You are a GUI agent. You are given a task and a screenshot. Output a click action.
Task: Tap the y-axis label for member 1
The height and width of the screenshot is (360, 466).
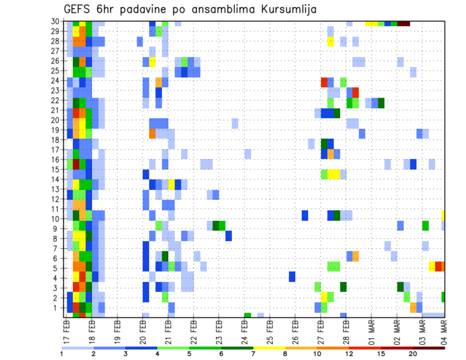point(57,308)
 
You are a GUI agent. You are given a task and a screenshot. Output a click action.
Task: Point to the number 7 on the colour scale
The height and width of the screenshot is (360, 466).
point(253,353)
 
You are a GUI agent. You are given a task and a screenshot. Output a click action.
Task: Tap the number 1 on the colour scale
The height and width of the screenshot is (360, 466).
point(62,353)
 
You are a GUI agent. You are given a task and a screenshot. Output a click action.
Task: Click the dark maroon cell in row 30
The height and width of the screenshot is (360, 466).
point(404,23)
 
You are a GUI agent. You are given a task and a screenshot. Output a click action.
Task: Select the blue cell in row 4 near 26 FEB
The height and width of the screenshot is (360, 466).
point(292,277)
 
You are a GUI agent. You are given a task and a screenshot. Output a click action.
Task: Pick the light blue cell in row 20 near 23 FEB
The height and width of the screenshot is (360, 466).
point(235,123)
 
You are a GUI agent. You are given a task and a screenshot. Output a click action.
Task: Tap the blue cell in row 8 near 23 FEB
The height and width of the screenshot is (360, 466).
point(229,236)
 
